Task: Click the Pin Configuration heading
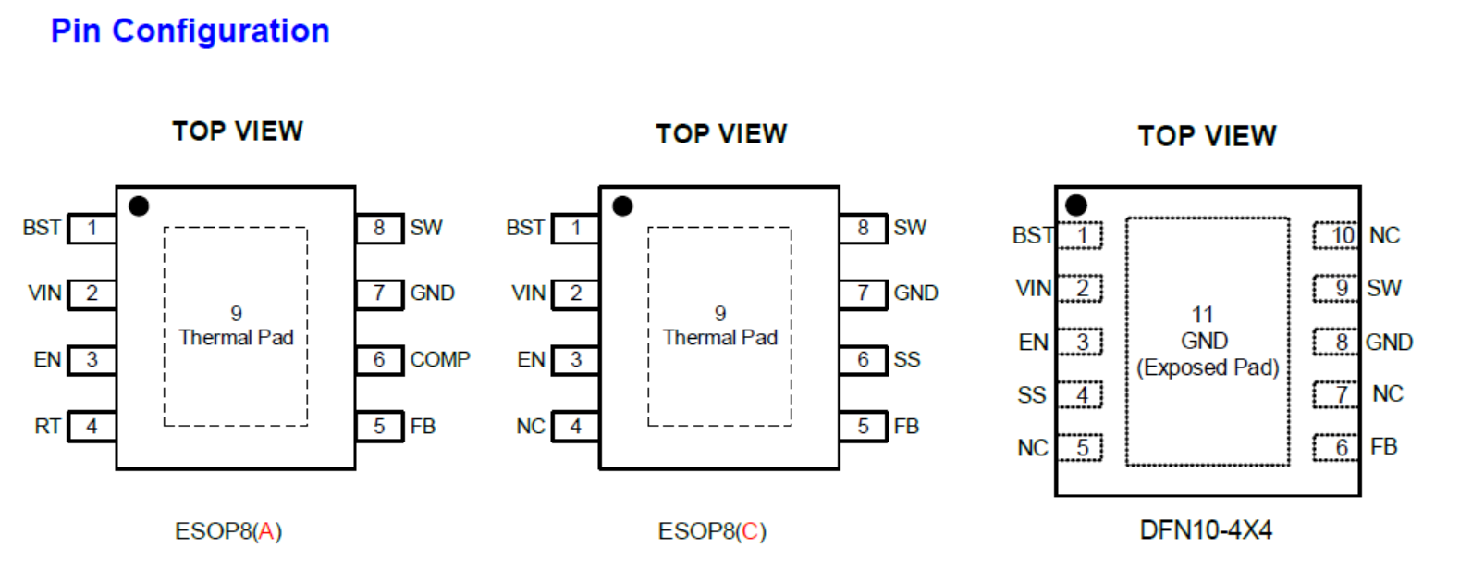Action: point(190,31)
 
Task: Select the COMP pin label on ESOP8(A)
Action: point(440,359)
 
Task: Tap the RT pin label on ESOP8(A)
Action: point(47,427)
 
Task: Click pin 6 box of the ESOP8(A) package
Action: point(380,359)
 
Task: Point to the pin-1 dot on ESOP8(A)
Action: point(139,206)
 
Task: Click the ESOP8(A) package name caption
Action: point(228,531)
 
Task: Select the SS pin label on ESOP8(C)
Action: point(907,359)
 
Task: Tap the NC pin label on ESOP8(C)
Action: point(530,427)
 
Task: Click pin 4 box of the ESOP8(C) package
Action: point(576,427)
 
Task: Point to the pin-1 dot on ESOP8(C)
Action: point(622,206)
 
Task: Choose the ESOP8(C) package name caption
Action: point(712,531)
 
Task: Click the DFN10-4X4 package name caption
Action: point(1206,530)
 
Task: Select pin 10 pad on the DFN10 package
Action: point(1337,235)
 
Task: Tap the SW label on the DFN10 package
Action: point(1384,288)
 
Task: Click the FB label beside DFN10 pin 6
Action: point(1383,447)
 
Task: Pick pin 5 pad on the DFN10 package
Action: point(1080,448)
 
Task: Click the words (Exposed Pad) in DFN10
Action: point(1208,367)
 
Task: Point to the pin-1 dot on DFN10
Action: point(1075,205)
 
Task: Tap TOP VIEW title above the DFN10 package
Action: point(1207,136)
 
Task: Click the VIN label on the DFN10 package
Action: point(1033,288)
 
